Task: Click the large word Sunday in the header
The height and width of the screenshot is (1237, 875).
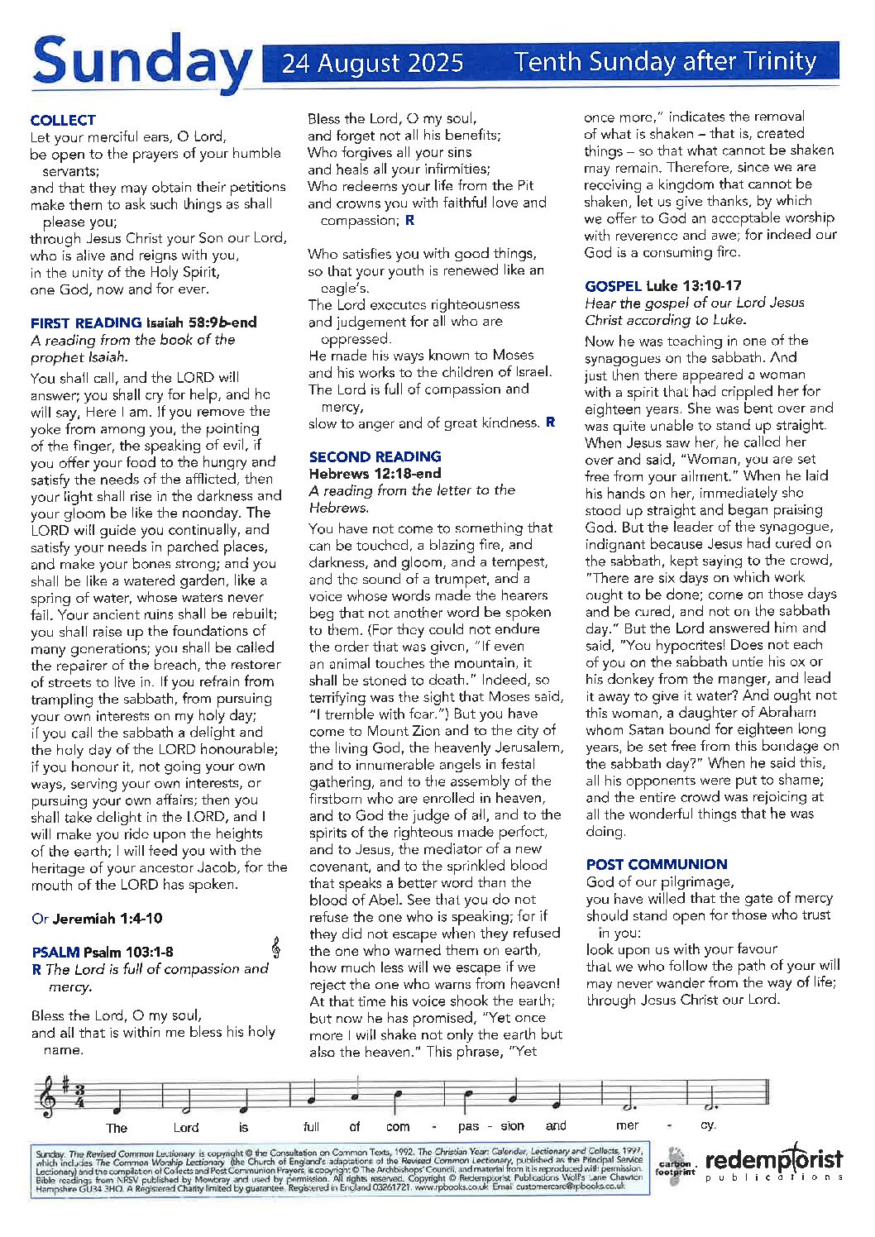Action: click(141, 62)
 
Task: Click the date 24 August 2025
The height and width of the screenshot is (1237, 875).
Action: click(372, 63)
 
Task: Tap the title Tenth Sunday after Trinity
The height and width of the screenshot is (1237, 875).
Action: click(665, 61)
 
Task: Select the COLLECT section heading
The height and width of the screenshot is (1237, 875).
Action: click(63, 120)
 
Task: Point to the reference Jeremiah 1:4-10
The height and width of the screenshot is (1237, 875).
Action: click(108, 918)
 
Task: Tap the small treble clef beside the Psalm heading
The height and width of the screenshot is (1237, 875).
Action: click(275, 948)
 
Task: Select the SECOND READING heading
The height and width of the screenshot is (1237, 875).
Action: click(375, 456)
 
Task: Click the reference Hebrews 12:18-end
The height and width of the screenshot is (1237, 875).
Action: click(375, 474)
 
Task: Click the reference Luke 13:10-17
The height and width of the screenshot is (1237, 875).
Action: click(694, 286)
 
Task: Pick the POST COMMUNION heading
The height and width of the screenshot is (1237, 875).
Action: click(657, 864)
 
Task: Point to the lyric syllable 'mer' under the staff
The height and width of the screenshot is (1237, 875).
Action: click(627, 1125)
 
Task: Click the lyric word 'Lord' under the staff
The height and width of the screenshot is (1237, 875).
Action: click(186, 1127)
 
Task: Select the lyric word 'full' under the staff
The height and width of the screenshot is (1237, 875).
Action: click(311, 1126)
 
